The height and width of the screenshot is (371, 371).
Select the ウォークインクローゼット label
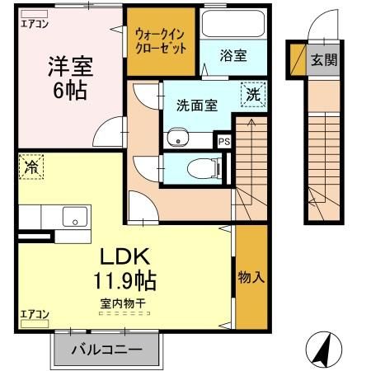161,41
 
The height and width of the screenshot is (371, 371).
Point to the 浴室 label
233,56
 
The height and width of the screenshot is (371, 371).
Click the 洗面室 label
197,105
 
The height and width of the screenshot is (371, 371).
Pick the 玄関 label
322,59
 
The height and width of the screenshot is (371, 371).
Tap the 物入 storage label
251,277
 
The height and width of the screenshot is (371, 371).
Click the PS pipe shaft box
223,141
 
